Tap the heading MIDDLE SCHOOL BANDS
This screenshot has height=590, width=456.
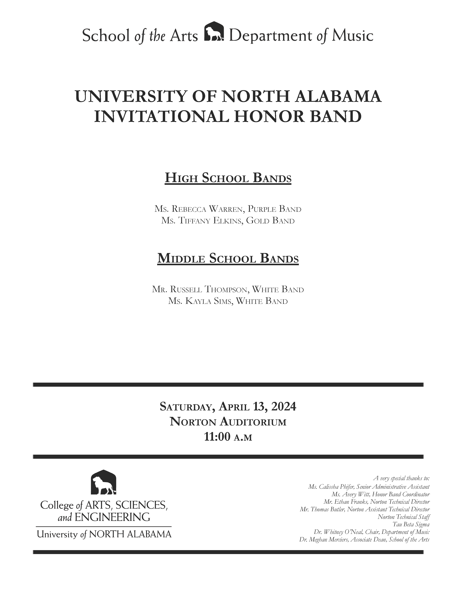click(228, 258)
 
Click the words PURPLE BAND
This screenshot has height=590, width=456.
click(274, 209)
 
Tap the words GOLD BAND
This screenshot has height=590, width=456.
click(270, 221)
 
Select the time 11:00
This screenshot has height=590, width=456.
click(217, 437)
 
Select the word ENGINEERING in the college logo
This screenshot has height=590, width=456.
click(112, 517)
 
